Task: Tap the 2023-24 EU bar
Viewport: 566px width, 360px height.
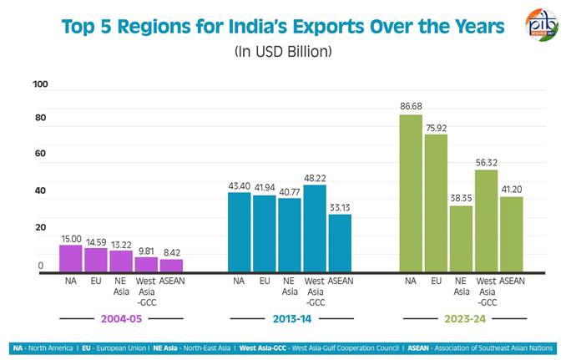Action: coord(435,203)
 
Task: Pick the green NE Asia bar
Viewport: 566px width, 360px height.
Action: coord(461,239)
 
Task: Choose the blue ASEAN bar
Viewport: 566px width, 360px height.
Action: coord(340,243)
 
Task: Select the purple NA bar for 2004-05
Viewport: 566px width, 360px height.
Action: coord(71,259)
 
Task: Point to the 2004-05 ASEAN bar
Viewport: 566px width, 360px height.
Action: coord(171,266)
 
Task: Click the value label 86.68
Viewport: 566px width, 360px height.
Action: coord(410,107)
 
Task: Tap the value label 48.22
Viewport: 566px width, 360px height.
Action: coord(315,178)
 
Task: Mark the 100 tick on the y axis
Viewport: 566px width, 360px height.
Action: coord(40,84)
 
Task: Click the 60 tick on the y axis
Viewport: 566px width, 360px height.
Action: coord(40,155)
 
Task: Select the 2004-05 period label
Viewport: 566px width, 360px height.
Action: coord(121,318)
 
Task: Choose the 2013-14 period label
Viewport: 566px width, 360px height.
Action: coord(289,318)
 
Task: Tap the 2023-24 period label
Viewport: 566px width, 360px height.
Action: coord(461,318)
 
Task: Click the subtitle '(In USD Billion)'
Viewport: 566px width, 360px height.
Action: coord(283,52)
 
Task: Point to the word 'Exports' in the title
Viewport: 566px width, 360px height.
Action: coord(318,26)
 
